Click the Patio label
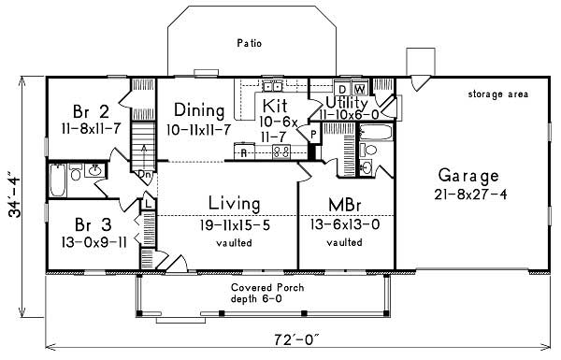tap(248, 43)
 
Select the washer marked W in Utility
tap(358, 90)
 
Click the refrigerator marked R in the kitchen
tap(244, 150)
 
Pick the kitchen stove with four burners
tap(280, 150)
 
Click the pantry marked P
tap(313, 135)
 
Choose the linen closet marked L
tap(148, 202)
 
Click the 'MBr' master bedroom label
tap(339, 205)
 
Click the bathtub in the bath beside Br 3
tap(57, 180)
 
